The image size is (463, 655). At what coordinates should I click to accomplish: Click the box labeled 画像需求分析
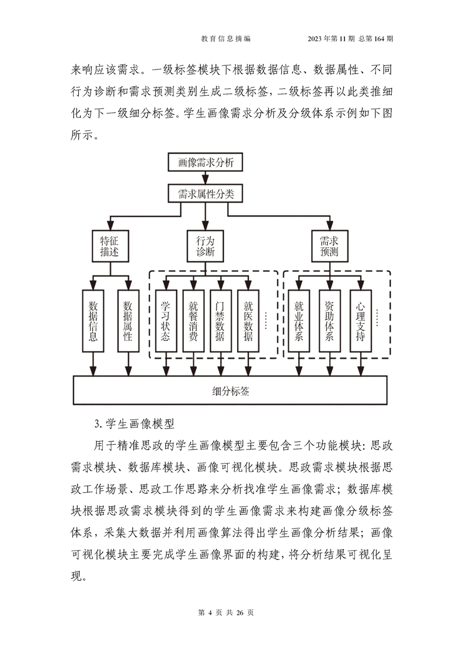tap(205, 162)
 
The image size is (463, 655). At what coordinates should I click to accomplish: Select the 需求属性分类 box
tap(205, 194)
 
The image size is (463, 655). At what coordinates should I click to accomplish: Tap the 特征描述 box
tap(110, 246)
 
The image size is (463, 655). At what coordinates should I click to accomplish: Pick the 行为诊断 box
tap(205, 246)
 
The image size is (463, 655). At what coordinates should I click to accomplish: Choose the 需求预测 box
tap(330, 246)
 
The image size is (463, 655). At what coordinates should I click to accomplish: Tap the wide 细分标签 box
tap(230, 390)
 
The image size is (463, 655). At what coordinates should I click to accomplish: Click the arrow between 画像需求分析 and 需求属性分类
tap(205, 178)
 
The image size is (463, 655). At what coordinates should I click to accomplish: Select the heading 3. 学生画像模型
tap(134, 424)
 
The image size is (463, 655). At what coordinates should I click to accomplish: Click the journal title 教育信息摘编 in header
tap(226, 39)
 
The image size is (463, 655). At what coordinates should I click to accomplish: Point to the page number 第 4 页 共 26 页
tap(226, 612)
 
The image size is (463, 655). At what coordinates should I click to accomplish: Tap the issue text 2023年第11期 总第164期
tap(350, 39)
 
